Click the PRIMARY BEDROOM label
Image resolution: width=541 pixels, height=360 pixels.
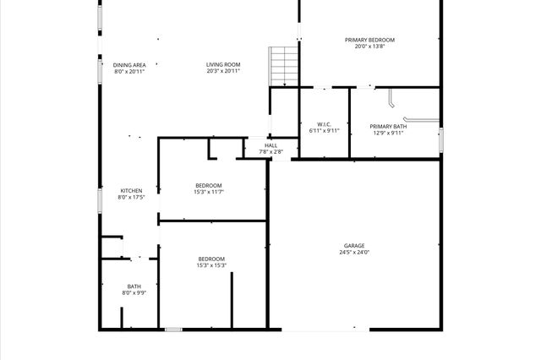click(369, 40)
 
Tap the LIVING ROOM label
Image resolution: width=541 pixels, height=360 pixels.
click(223, 65)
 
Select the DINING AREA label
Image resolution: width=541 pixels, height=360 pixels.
click(129, 65)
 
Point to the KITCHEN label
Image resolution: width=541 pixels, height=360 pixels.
click(131, 190)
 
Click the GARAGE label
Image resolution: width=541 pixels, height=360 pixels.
click(354, 246)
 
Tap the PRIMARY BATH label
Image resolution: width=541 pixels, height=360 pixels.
click(388, 126)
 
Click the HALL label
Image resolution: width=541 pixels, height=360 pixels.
click(270, 145)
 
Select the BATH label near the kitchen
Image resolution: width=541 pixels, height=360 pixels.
click(134, 286)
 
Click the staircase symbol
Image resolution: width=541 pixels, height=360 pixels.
click(284, 65)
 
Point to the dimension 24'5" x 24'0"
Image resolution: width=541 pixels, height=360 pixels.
click(354, 252)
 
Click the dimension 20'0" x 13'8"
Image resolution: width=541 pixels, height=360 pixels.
click(369, 46)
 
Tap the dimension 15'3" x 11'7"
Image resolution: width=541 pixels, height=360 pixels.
click(209, 192)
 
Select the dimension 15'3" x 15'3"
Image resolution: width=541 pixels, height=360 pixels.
click(211, 265)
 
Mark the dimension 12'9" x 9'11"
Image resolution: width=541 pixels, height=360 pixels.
click(388, 133)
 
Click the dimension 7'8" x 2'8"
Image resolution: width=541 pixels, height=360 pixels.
click(270, 152)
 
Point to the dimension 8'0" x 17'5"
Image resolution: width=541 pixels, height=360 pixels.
click(131, 197)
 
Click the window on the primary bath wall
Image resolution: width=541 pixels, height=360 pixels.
click(440, 139)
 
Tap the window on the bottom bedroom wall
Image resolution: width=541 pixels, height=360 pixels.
click(173, 329)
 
